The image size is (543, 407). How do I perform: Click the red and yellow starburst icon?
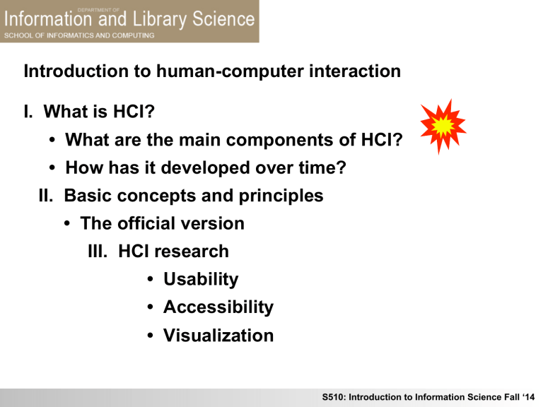442,125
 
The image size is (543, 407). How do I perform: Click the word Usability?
201,280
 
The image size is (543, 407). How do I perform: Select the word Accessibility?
218,307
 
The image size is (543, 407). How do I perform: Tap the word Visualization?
218,336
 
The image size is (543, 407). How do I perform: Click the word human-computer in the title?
215,72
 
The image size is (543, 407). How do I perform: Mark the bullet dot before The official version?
66,225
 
